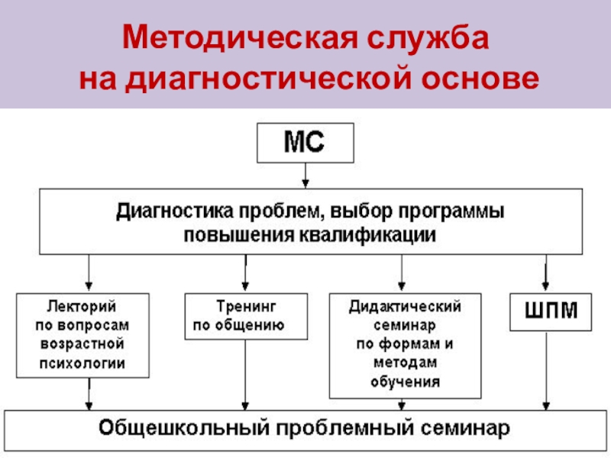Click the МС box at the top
click(x=305, y=144)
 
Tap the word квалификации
click(x=369, y=235)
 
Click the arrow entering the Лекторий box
click(x=89, y=273)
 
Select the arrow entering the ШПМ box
click(x=545, y=273)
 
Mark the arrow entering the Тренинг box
click(x=245, y=273)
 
